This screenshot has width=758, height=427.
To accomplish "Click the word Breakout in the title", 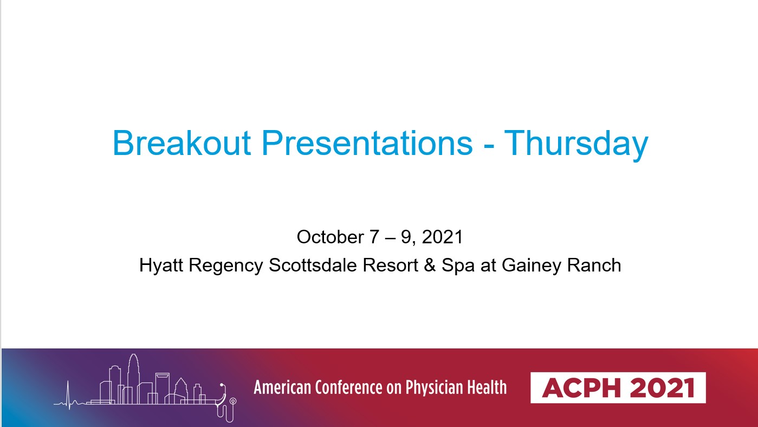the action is point(182,143).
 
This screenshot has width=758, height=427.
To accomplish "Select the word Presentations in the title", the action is point(367,143).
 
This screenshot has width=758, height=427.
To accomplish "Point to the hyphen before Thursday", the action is point(489,147).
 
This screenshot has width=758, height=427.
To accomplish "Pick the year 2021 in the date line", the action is point(442,237).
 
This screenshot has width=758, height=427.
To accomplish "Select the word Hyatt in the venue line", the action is point(161,265).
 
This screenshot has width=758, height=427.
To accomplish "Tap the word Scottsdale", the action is point(313,265).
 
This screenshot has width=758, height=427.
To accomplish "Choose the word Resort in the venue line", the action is point(390,265).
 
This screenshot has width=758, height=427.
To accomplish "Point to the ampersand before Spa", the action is point(430,265).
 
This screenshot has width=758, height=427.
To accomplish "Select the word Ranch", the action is point(594,265).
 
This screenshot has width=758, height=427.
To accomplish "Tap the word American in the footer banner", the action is point(282,387).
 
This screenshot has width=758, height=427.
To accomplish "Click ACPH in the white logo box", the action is point(581,388).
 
